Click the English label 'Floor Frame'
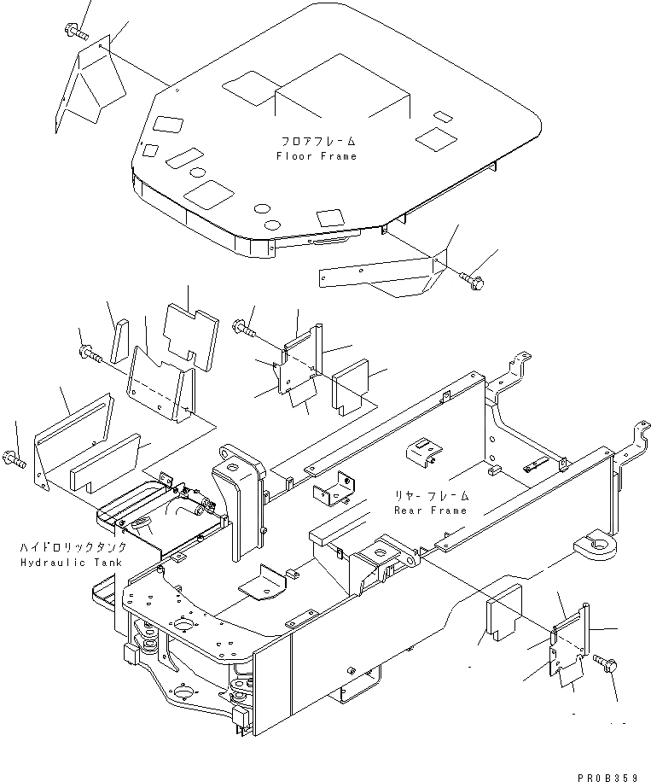(317, 156)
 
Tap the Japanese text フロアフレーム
(317, 141)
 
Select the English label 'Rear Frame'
(431, 511)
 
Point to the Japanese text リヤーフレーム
(431, 495)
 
